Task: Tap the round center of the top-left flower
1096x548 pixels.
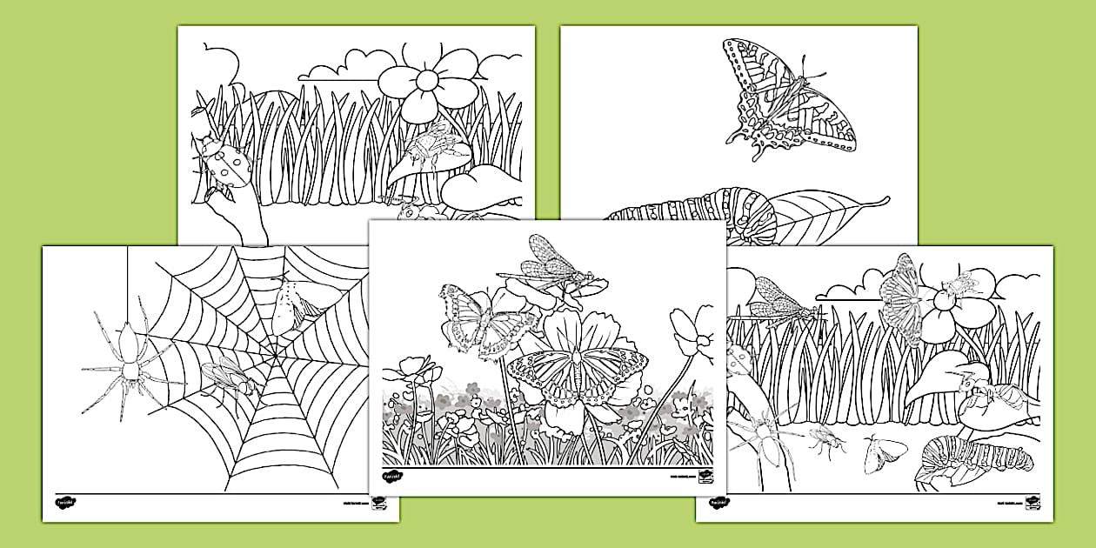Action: pyautogui.click(x=427, y=80)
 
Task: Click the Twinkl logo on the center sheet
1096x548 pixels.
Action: pyautogui.click(x=393, y=476)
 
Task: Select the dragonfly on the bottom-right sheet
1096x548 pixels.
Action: pyautogui.click(x=779, y=299)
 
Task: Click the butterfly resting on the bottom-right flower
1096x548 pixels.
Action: pyautogui.click(x=901, y=295)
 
